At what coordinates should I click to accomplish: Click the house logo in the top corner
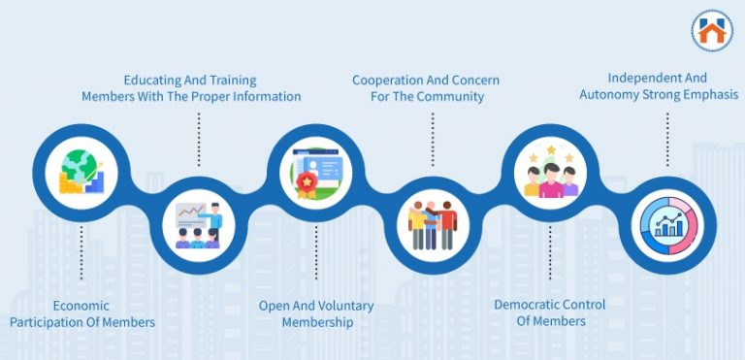pos(712,30)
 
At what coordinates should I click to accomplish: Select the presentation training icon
pos(199,223)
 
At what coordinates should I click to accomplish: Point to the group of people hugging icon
pos(433,223)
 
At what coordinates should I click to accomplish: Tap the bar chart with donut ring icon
pos(666,223)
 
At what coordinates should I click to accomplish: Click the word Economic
pos(81,306)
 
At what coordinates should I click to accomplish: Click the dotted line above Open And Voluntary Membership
pos(316,252)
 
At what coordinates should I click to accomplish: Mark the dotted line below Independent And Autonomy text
pos(666,138)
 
